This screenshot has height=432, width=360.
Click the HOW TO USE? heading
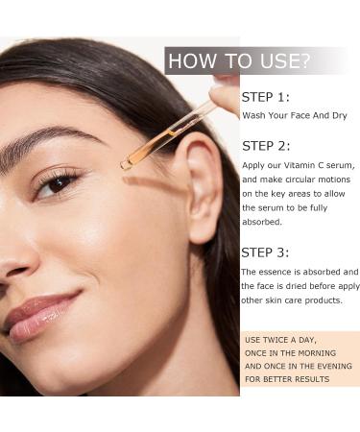239,62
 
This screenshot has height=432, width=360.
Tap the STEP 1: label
265,97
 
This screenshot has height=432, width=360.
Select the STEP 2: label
265,146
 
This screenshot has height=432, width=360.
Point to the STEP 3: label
265,252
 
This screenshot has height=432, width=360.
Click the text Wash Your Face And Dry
294,115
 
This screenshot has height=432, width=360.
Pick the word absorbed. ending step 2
262,221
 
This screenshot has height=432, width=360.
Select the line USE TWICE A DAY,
280,340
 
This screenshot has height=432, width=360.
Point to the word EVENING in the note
324,366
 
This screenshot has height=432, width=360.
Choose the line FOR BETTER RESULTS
287,379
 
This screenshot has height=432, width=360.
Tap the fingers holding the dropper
227,93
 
